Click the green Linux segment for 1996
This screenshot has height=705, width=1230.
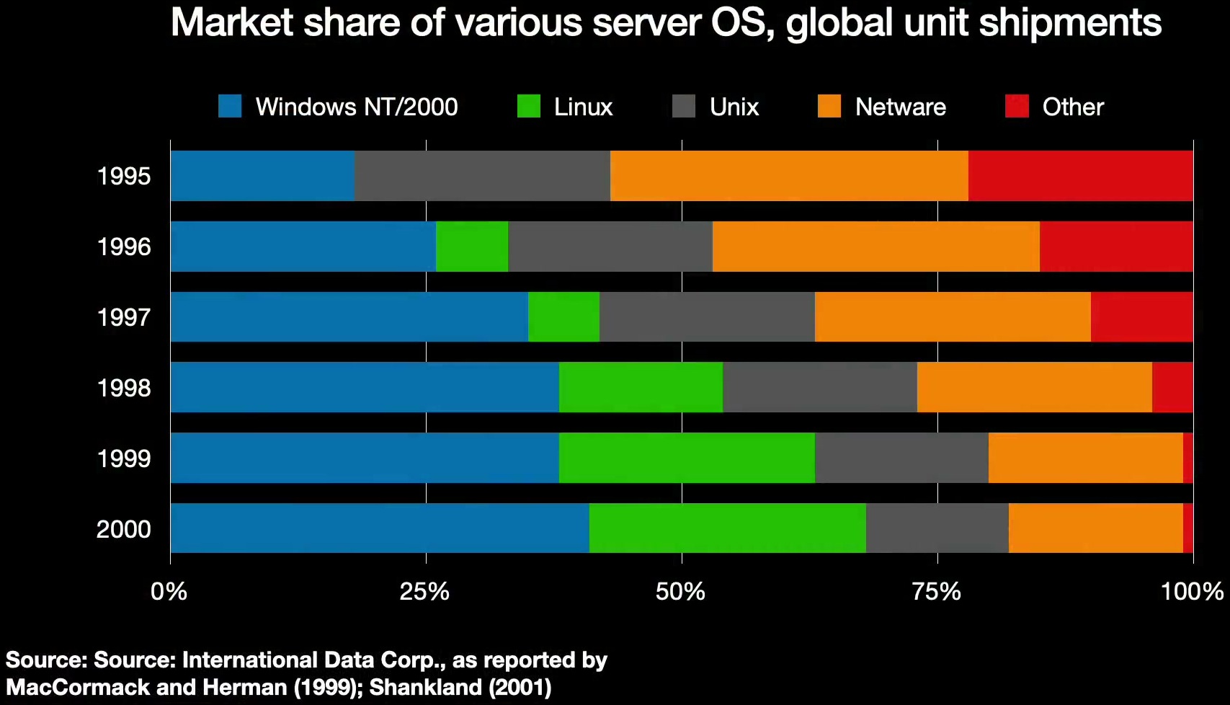click(472, 246)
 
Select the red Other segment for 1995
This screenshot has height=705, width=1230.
click(1081, 176)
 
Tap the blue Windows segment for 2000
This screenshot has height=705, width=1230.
click(380, 528)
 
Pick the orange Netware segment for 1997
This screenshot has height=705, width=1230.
click(953, 316)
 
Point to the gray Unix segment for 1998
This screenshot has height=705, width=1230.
click(820, 387)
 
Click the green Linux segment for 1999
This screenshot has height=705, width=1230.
click(687, 458)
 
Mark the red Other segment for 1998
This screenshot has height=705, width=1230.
click(1173, 387)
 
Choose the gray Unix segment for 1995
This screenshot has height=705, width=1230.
click(482, 176)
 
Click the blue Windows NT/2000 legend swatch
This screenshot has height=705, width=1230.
click(230, 106)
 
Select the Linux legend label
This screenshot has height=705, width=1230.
click(583, 107)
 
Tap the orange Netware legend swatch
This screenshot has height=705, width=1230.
click(829, 106)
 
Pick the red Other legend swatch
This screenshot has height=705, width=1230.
click(1017, 106)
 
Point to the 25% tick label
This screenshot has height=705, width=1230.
click(424, 592)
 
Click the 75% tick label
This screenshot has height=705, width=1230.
click(936, 592)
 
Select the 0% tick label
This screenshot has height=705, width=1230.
click(169, 592)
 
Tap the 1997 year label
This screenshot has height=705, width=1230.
click(123, 318)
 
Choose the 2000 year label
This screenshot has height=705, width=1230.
click(123, 529)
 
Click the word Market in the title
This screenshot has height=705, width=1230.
click(232, 22)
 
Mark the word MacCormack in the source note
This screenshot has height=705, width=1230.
click(78, 688)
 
